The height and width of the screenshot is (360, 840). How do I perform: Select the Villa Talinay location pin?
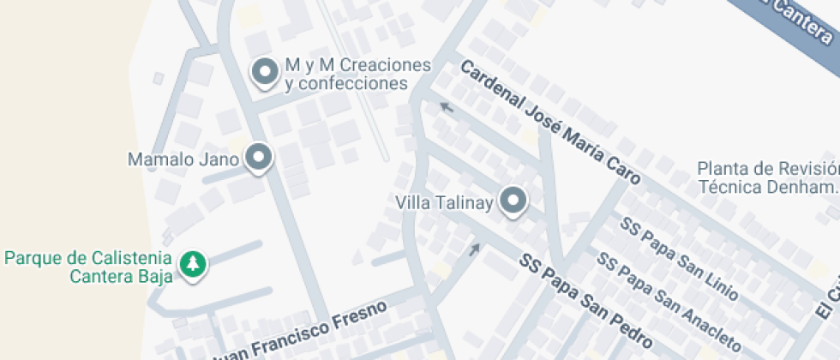pyautogui.click(x=513, y=201)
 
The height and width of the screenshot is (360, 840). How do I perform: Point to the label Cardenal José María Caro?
pyautogui.click(x=549, y=123)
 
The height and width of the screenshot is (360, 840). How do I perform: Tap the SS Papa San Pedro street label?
pyautogui.click(x=588, y=296)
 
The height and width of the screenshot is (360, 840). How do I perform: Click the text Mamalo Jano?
pyautogui.click(x=183, y=159)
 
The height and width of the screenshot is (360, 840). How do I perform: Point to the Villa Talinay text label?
pyautogui.click(x=444, y=203)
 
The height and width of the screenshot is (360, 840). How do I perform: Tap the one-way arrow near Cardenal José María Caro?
pyautogui.click(x=446, y=106)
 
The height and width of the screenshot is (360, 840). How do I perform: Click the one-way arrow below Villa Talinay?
pyautogui.click(x=474, y=249)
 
